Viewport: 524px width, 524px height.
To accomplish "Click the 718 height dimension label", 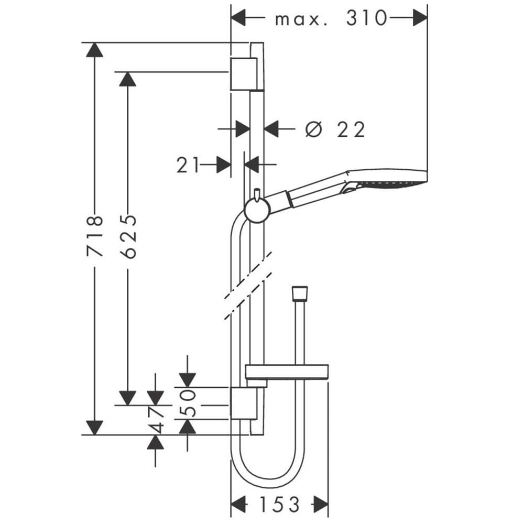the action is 94,236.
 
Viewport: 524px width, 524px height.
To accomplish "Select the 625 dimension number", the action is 128,236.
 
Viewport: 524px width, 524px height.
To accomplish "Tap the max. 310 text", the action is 331,18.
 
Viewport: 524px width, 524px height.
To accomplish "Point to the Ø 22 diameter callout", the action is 335,129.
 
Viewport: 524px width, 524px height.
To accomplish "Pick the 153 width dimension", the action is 280,504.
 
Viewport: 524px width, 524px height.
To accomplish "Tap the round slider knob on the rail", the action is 257,211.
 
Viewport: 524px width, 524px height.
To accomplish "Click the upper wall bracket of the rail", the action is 244,74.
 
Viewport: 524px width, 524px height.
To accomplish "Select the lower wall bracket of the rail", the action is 244,403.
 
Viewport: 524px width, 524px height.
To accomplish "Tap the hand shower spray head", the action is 388,180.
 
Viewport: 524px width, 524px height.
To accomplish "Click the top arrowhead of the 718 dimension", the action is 94,50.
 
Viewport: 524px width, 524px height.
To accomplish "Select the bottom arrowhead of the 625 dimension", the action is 128,398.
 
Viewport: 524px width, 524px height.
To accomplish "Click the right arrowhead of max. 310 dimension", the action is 420,18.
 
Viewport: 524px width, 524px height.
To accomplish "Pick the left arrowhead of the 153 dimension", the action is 238,504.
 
